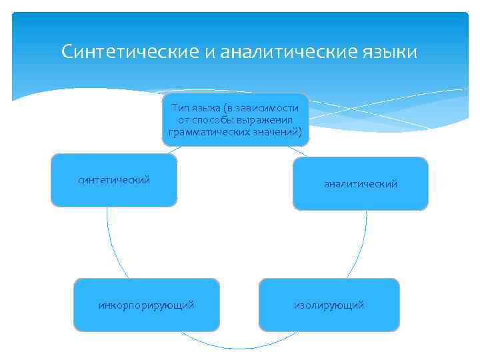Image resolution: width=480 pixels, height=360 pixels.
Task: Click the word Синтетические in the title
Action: point(129,51)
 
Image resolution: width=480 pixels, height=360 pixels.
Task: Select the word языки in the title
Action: point(391,51)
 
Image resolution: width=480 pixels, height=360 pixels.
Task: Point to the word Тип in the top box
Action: point(181,107)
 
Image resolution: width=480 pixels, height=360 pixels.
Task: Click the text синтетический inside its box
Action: point(114,179)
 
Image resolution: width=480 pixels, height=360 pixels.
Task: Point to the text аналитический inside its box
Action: point(361,184)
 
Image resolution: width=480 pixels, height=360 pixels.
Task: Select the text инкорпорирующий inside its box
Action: point(146,305)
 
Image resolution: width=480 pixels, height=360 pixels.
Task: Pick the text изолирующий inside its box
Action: point(329,305)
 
